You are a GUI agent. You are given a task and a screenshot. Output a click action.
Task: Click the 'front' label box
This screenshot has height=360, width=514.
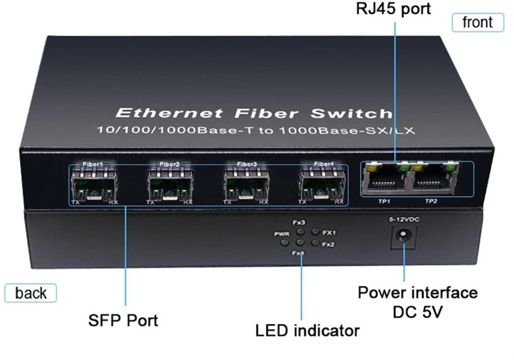[478, 22]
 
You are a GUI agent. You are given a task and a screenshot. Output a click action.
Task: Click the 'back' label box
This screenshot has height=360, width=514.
[31, 293]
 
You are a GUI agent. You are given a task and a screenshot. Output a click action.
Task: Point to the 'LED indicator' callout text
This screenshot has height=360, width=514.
[307, 330]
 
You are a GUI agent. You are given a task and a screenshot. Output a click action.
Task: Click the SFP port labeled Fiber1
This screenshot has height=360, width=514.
[93, 183]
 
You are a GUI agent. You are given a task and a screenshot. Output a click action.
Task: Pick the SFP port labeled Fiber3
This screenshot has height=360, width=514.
[246, 183]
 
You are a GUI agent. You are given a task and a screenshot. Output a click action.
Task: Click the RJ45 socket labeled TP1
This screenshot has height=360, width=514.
[383, 179]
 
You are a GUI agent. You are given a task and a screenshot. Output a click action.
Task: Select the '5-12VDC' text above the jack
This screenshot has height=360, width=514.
[400, 220]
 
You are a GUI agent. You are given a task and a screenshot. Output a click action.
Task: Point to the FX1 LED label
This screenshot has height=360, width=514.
[329, 232]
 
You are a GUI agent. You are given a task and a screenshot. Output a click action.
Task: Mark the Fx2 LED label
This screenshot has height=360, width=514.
[328, 244]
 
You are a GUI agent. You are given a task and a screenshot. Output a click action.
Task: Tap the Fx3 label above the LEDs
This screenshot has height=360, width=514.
[299, 222]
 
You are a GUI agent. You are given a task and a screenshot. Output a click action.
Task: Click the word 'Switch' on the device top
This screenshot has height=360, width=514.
[359, 113]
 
